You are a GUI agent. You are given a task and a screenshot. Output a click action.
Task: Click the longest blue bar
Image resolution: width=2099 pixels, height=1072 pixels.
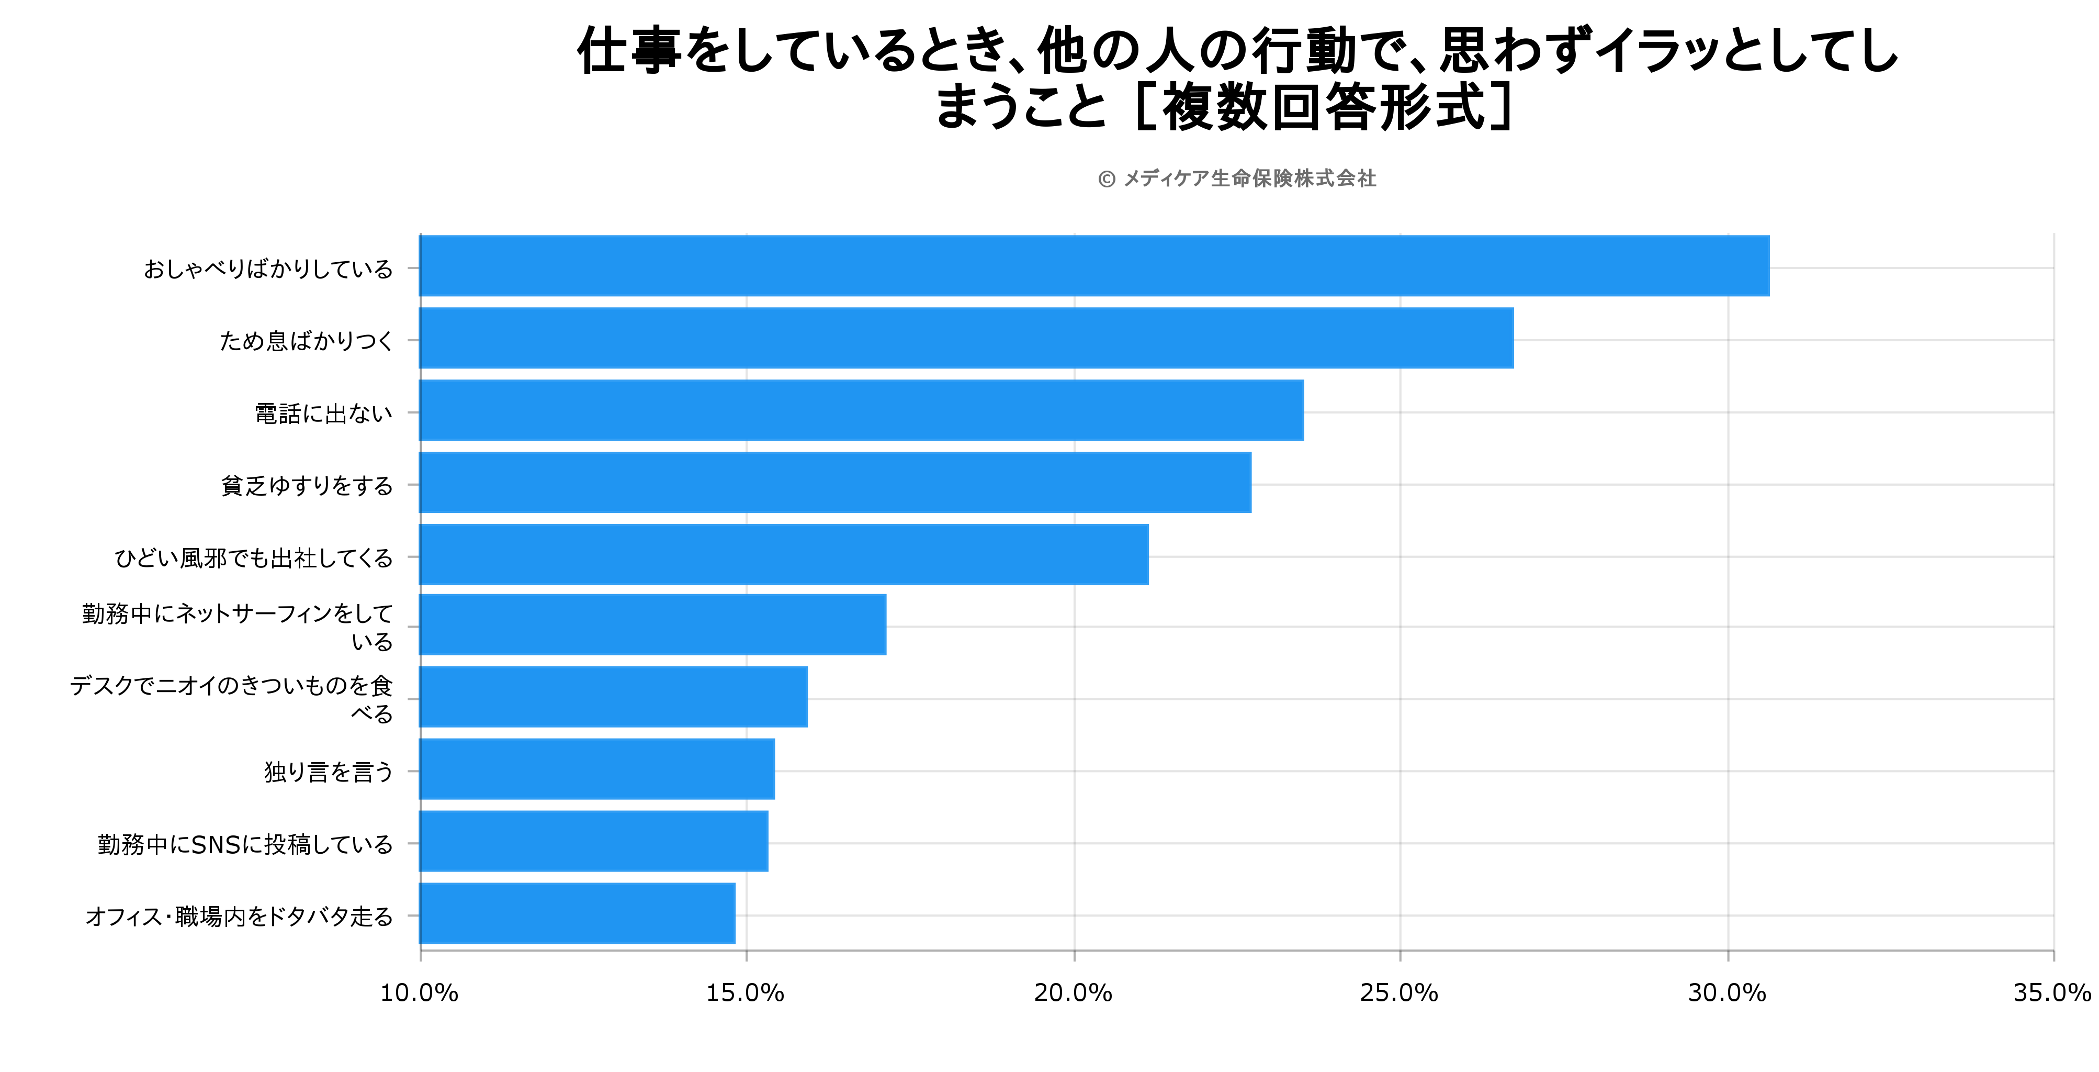(x=1094, y=266)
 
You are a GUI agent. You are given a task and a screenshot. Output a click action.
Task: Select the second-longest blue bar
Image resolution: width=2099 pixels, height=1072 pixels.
(x=966, y=338)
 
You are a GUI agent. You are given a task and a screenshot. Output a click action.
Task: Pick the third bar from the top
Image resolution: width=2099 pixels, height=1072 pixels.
(x=861, y=410)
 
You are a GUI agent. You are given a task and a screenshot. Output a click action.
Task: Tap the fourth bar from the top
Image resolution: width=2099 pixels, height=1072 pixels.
(x=835, y=483)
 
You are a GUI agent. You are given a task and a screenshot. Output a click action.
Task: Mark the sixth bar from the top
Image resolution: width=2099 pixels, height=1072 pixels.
(x=653, y=624)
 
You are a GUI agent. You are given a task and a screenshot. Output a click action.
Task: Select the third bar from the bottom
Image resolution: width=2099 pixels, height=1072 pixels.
(x=597, y=769)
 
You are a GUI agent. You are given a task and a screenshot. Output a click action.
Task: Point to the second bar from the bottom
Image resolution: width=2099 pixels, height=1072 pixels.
(x=594, y=841)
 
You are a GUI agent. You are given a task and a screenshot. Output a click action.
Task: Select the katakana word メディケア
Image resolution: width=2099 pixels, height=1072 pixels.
(x=1166, y=178)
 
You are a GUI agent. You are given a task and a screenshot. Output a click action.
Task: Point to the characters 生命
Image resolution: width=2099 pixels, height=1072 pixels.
(x=1231, y=178)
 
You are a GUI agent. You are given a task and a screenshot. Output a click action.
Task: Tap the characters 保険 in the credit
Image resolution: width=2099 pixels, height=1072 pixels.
(x=1272, y=178)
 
